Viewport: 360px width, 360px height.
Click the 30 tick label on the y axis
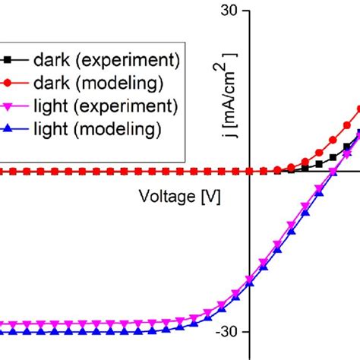229,11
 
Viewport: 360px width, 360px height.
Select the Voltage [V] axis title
180,197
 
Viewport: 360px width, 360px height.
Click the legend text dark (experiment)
106,58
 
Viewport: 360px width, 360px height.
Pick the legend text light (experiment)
106,106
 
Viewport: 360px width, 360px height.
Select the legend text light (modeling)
97,130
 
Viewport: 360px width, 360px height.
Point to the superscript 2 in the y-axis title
228,58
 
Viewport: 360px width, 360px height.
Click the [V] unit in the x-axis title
210,197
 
